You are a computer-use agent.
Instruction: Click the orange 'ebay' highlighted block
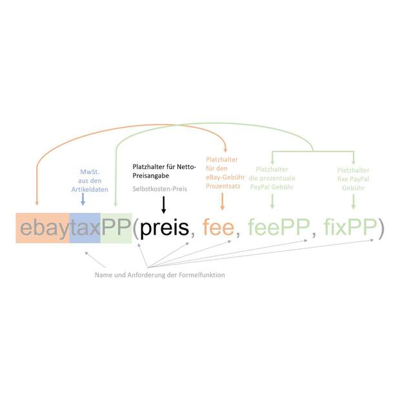click(x=43, y=228)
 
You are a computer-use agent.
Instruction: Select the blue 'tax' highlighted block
click(x=85, y=228)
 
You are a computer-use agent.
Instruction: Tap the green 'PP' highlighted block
click(x=116, y=228)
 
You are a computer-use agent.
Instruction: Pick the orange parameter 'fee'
click(x=218, y=227)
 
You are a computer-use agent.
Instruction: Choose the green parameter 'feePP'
click(x=279, y=226)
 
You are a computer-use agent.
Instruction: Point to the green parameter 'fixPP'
click(x=350, y=226)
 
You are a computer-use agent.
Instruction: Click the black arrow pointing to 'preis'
click(x=164, y=205)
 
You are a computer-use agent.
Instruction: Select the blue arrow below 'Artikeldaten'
click(x=83, y=199)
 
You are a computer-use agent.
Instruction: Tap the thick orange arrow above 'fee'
click(x=222, y=201)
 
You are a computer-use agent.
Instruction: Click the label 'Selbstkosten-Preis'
click(x=160, y=189)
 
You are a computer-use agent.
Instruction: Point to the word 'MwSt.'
click(x=90, y=172)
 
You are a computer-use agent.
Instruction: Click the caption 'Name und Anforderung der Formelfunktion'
click(x=160, y=275)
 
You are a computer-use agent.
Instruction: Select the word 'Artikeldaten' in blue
click(x=90, y=190)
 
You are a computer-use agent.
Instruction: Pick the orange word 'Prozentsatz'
click(x=223, y=186)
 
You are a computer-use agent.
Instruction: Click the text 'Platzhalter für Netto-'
click(x=165, y=167)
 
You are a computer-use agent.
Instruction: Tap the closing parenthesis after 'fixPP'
click(x=381, y=228)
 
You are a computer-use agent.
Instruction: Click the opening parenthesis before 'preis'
click(x=136, y=228)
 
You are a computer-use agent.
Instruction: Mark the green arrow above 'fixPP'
click(x=354, y=201)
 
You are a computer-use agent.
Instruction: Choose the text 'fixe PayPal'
click(x=354, y=179)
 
